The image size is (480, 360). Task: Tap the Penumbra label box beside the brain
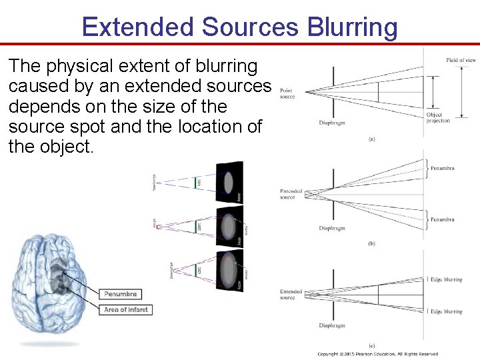click(x=121, y=294)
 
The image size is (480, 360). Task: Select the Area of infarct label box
click(x=126, y=309)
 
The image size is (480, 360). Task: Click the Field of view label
click(x=461, y=61)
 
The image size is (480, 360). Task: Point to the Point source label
click(x=287, y=93)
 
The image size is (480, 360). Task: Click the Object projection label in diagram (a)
click(x=438, y=117)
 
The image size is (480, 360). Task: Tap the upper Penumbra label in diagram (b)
click(x=442, y=168)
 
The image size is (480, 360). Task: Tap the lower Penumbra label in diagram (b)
click(x=442, y=219)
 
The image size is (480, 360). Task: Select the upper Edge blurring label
click(x=447, y=280)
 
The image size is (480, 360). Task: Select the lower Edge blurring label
click(x=447, y=311)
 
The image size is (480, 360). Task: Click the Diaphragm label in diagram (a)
click(x=332, y=123)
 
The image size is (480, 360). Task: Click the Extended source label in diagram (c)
click(x=291, y=295)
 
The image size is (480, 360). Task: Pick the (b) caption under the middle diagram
click(x=371, y=244)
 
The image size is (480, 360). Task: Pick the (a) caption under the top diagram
click(x=371, y=139)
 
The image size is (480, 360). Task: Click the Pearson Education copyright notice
click(x=377, y=354)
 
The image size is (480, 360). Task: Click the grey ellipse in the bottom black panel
click(x=229, y=270)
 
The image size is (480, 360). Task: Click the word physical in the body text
click(x=70, y=67)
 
